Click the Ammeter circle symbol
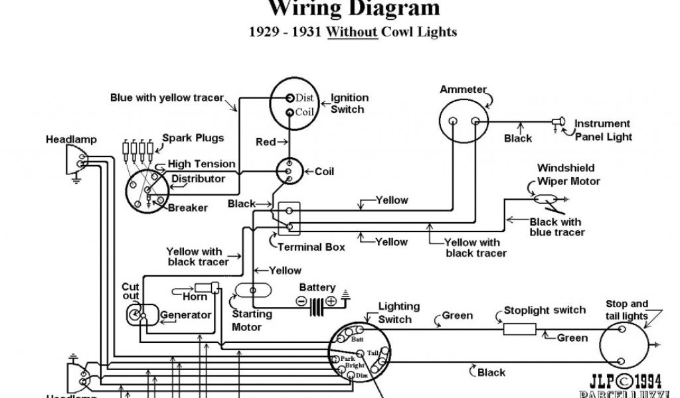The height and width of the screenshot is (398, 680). click(x=464, y=121)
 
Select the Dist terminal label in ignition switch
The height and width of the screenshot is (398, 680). click(x=304, y=98)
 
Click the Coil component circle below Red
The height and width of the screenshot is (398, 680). click(x=289, y=171)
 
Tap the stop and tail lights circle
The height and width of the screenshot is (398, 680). click(x=626, y=346)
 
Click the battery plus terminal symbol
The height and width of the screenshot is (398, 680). click(x=331, y=301)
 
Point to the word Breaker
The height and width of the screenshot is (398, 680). click(x=188, y=208)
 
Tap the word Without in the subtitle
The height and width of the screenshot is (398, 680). click(x=352, y=31)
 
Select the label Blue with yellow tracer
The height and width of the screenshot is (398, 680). click(x=167, y=98)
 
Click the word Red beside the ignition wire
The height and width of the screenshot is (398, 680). click(x=266, y=142)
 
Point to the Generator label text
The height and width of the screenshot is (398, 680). click(x=187, y=314)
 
